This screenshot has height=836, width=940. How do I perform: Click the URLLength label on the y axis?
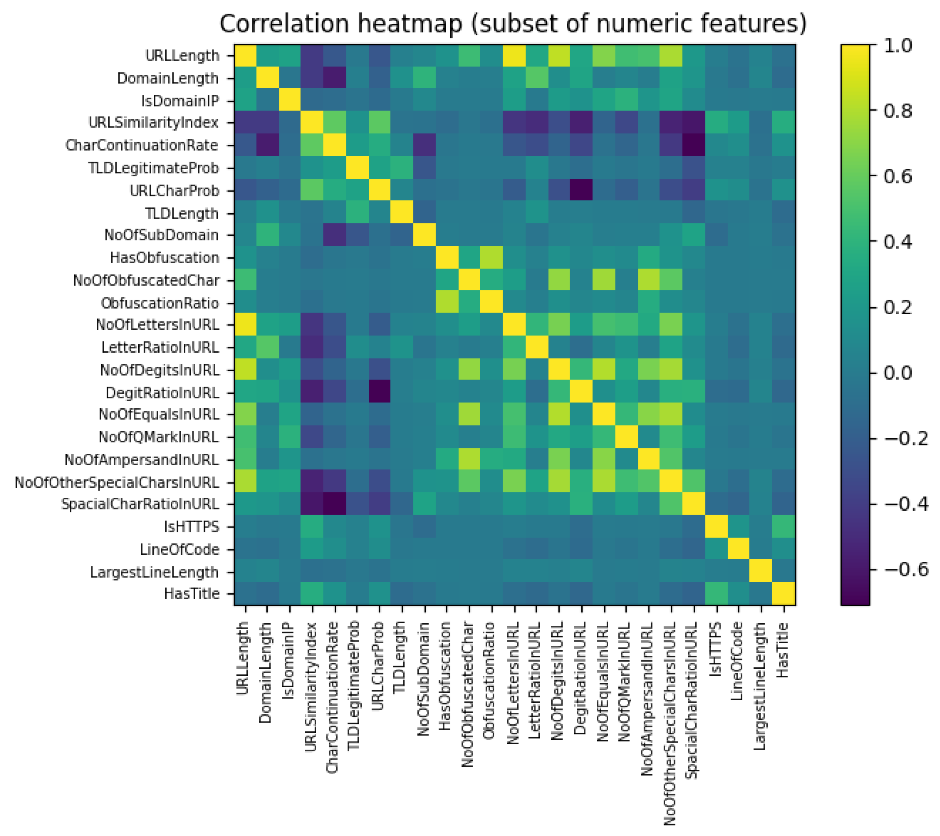tap(182, 56)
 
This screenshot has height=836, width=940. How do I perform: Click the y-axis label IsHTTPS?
tap(192, 527)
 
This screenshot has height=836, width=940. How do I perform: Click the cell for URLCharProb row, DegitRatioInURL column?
tap(582, 191)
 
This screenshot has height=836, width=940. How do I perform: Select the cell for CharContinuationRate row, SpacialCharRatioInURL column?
tap(694, 146)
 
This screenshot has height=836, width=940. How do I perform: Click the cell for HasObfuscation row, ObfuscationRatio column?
tap(492, 258)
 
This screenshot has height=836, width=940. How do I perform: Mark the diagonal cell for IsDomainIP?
tap(290, 101)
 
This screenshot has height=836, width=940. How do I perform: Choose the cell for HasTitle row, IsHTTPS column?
tap(716, 594)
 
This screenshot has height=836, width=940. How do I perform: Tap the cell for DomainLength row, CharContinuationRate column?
tap(335, 78)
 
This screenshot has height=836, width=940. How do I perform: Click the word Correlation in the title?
tap(284, 24)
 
